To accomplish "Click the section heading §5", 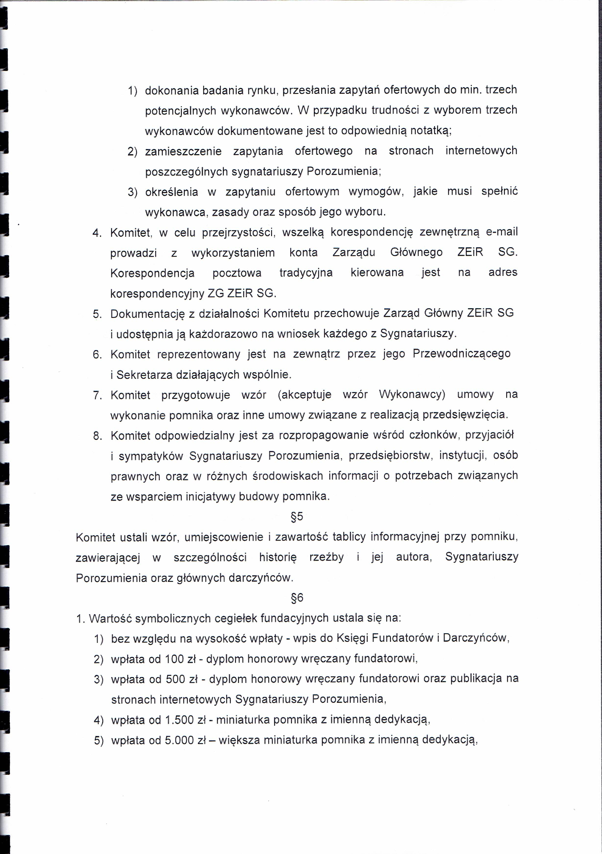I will pyautogui.click(x=297, y=516).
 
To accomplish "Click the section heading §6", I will pyautogui.click(x=297, y=598).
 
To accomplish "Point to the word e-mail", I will pyautogui.click(x=502, y=232).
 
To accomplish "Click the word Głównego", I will pyautogui.click(x=416, y=252).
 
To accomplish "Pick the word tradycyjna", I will pyautogui.click(x=306, y=273).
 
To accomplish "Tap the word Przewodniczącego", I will pyautogui.click(x=461, y=353).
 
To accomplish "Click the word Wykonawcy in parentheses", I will pyautogui.click(x=411, y=394).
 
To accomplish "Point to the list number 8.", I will pyautogui.click(x=98, y=435).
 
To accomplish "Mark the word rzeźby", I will pyautogui.click(x=326, y=557).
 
